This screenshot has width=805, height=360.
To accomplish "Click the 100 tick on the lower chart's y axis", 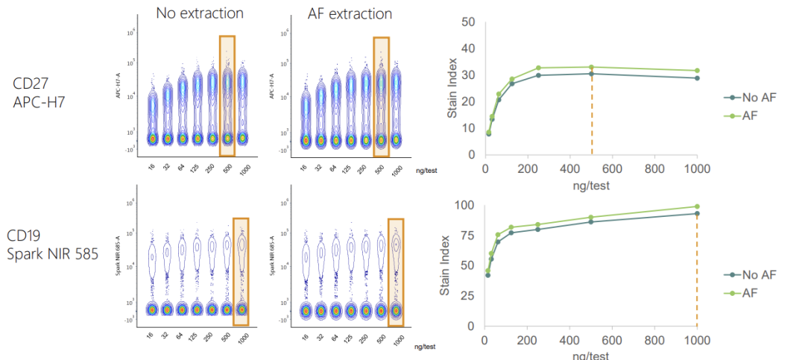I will (x=464, y=205).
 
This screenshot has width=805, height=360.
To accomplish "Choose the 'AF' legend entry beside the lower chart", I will (x=751, y=294).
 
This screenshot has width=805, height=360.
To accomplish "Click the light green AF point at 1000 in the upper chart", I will (x=698, y=71).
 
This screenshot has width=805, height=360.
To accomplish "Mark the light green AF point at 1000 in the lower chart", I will (x=698, y=206).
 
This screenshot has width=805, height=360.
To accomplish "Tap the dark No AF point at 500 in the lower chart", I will (x=591, y=221).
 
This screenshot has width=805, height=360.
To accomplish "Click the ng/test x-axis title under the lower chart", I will (x=591, y=354).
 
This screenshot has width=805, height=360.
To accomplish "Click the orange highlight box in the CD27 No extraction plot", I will (x=227, y=95).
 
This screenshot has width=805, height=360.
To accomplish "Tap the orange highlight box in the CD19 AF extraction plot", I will (x=396, y=272).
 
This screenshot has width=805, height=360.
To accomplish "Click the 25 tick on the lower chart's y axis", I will (x=467, y=296).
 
